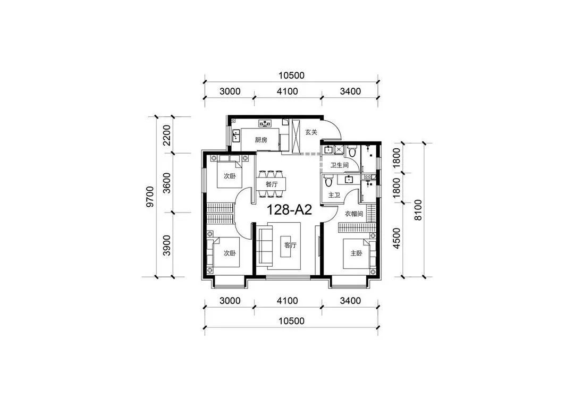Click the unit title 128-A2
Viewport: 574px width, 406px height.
(x=289, y=210)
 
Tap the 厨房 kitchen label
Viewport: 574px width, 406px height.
(x=261, y=140)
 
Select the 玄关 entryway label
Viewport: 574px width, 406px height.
(x=311, y=132)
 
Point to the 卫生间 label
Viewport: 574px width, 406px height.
(x=339, y=165)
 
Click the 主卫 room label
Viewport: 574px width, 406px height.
(x=334, y=195)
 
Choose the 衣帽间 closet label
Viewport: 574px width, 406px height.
(x=353, y=214)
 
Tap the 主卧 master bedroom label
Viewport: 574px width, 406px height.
(x=356, y=253)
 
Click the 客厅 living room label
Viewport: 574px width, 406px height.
(x=290, y=245)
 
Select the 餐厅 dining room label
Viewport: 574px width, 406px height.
(x=272, y=184)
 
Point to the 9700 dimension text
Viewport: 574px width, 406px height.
(x=149, y=196)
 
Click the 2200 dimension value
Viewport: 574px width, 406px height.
(x=166, y=135)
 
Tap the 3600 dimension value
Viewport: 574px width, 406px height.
(x=166, y=183)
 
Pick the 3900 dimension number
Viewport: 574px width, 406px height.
(x=166, y=245)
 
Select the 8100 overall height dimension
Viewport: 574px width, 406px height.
(x=418, y=210)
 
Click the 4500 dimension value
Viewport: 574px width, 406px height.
(x=396, y=238)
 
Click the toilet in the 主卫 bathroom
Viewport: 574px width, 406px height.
(x=328, y=181)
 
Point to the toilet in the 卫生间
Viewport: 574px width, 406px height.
(x=352, y=151)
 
